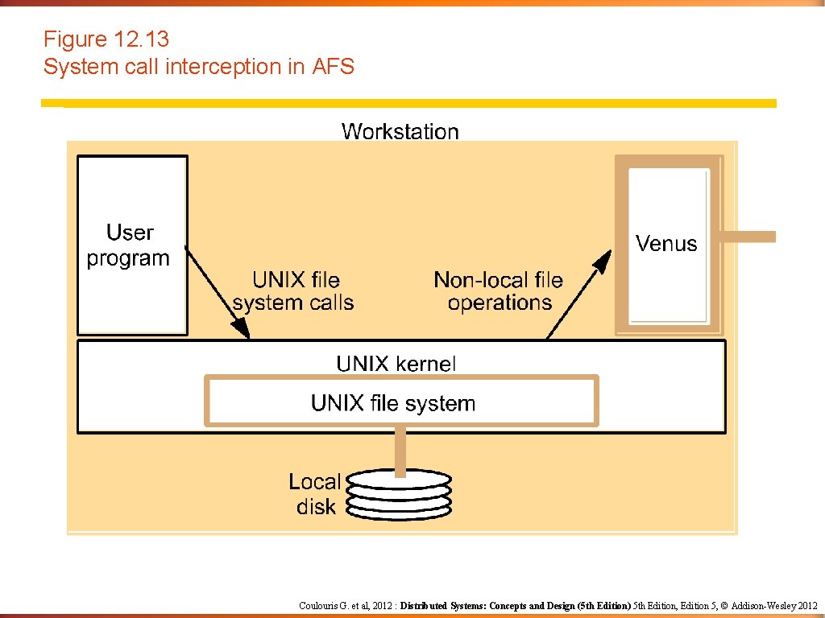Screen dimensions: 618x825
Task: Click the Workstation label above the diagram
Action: (x=400, y=131)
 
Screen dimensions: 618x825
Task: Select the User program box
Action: (x=132, y=245)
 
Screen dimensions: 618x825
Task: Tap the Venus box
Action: (x=668, y=244)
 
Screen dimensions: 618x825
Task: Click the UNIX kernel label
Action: (x=396, y=363)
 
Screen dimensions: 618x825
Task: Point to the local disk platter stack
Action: (x=399, y=495)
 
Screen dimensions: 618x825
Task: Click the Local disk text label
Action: (x=315, y=494)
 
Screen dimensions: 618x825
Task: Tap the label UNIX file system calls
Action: (x=294, y=291)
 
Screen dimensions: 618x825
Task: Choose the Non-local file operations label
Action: (x=499, y=291)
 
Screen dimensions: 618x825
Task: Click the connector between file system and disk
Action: (x=400, y=450)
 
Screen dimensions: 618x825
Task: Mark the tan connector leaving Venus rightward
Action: (x=748, y=237)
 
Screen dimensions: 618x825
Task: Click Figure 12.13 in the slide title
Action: (x=106, y=39)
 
